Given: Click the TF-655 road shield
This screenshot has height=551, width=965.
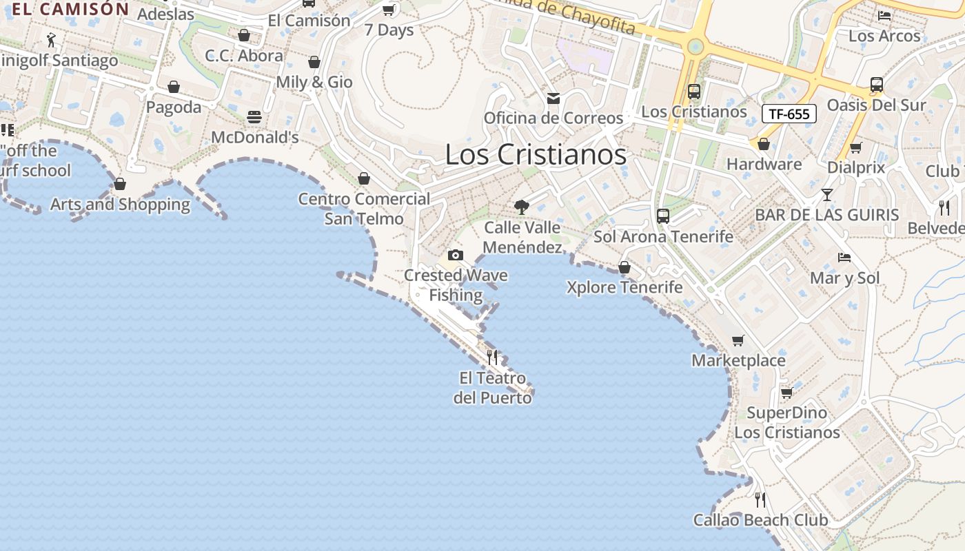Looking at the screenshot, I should [789, 114].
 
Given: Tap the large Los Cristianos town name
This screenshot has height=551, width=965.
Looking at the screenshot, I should [536, 154].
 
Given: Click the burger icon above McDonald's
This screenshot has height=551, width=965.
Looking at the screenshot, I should [254, 117].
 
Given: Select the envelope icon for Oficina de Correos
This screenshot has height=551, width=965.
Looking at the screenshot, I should [553, 98].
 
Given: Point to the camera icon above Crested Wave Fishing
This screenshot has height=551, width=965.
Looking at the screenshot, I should [455, 256].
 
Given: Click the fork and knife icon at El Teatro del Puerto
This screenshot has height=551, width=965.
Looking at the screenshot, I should [492, 357].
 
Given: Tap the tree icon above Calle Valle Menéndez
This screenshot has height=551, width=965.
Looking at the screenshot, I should [522, 207].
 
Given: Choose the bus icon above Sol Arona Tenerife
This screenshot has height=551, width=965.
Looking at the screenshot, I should [663, 216].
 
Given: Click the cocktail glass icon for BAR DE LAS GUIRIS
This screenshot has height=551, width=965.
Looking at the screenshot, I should [827, 195].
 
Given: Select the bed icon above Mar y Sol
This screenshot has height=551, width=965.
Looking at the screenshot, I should [844, 258].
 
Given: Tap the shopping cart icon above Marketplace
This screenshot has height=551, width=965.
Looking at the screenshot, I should [738, 340].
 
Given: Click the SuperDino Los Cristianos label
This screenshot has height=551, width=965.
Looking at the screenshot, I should [787, 423].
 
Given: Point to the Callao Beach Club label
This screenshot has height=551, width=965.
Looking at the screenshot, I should [761, 520].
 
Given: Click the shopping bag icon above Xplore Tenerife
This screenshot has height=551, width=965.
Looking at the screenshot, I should [624, 267].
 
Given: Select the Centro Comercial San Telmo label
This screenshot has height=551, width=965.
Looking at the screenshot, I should [364, 209].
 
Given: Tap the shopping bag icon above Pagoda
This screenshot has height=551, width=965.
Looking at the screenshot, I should [174, 87].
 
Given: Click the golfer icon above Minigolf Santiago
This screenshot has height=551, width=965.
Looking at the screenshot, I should [50, 40].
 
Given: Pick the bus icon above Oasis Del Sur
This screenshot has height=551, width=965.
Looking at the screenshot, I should [876, 85].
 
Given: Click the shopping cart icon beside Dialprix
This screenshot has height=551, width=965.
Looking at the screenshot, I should [856, 147].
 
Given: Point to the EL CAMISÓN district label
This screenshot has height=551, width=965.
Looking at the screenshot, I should [70, 9].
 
